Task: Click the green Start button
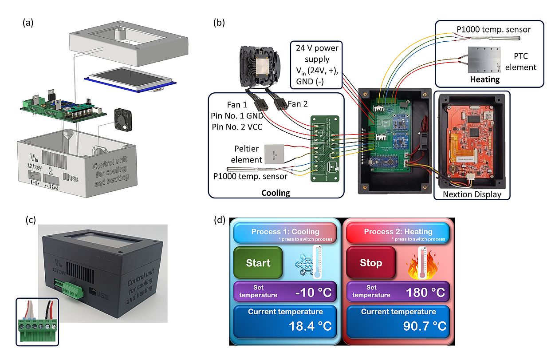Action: pos(258,262)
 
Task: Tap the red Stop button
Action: pos(370,263)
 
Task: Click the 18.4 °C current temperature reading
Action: pos(310,326)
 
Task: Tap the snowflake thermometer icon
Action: pos(308,263)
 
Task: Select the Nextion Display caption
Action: pos(471,194)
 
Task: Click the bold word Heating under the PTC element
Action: pos(485,79)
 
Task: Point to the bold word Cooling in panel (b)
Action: pos(276,193)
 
